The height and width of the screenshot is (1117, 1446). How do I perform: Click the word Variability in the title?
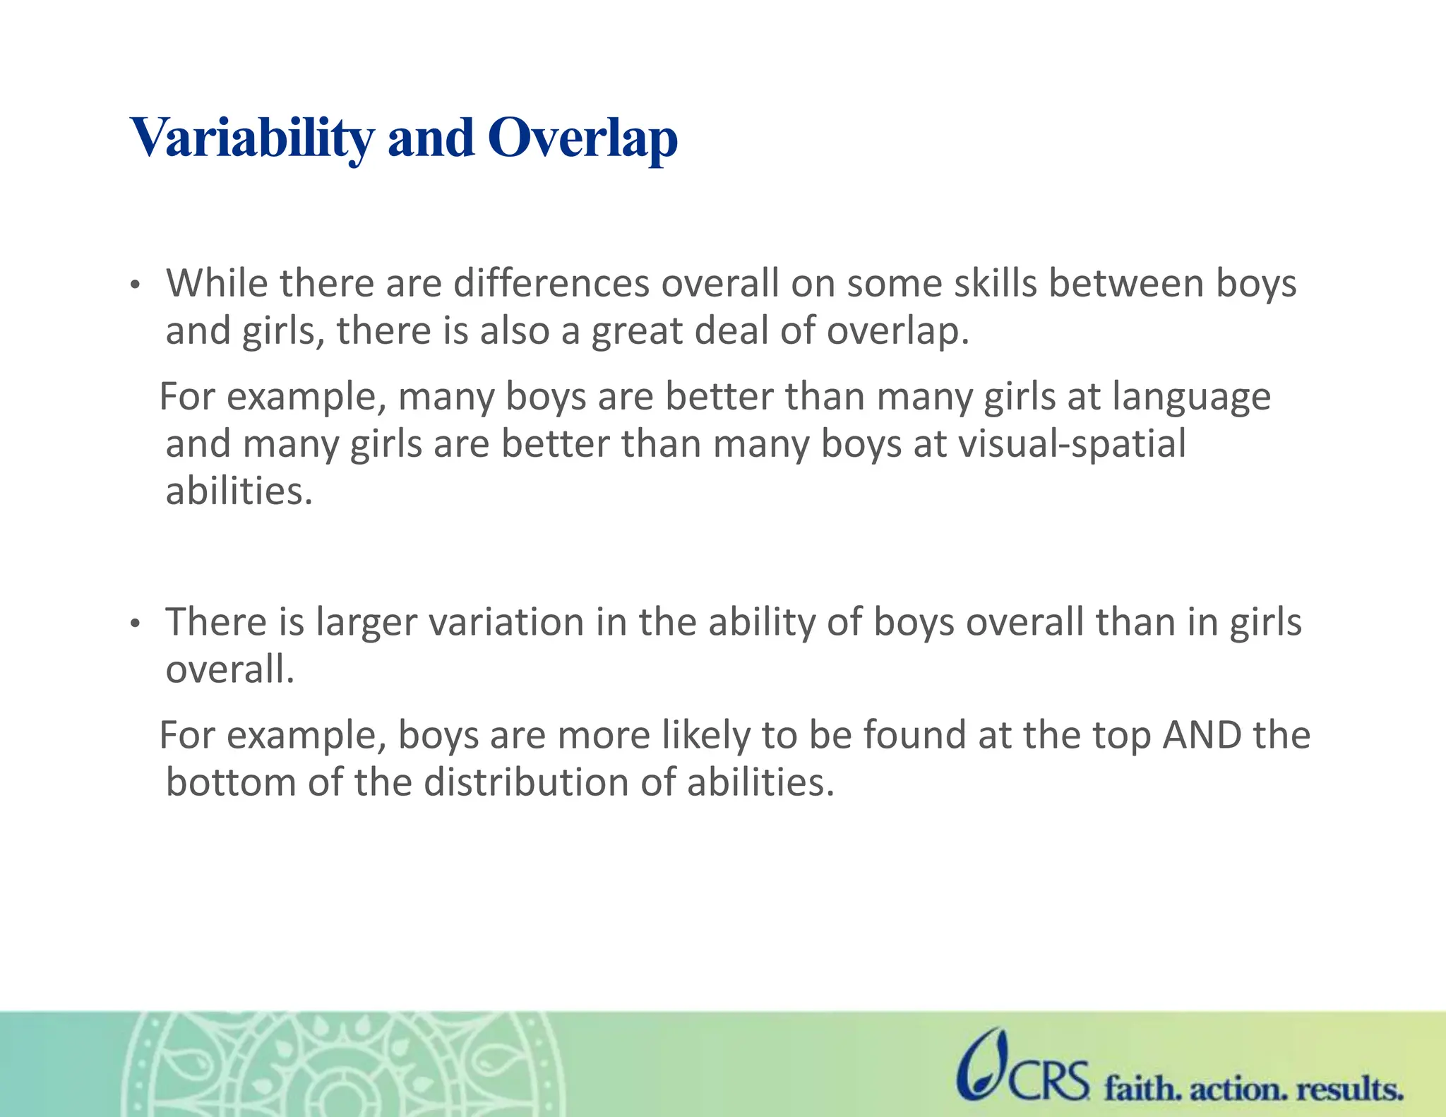coord(252,138)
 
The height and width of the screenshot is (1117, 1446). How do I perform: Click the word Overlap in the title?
coord(582,138)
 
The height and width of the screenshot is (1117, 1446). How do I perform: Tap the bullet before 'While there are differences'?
coord(136,286)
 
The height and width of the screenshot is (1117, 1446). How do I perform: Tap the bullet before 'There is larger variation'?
coord(136,624)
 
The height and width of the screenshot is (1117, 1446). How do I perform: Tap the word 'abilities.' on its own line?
coord(239,491)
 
